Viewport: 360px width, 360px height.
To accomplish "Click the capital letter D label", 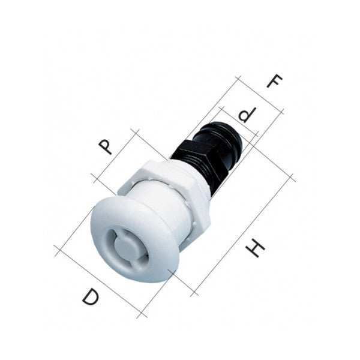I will (91, 297).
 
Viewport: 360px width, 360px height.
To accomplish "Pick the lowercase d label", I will (245, 115).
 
